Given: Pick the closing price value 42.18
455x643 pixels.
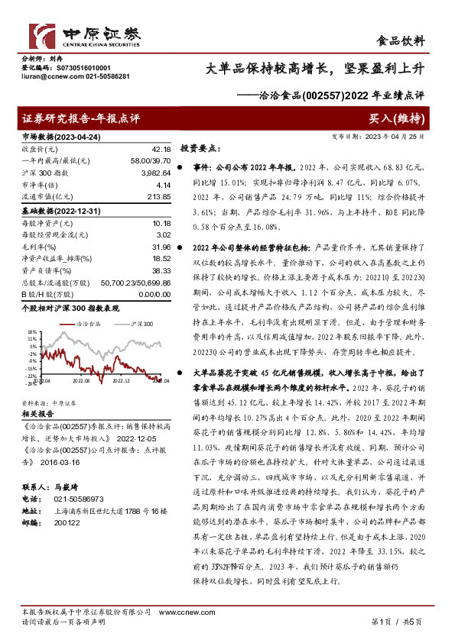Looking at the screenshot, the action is pos(162,149).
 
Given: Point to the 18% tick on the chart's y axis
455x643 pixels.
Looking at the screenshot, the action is pos(31,331).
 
